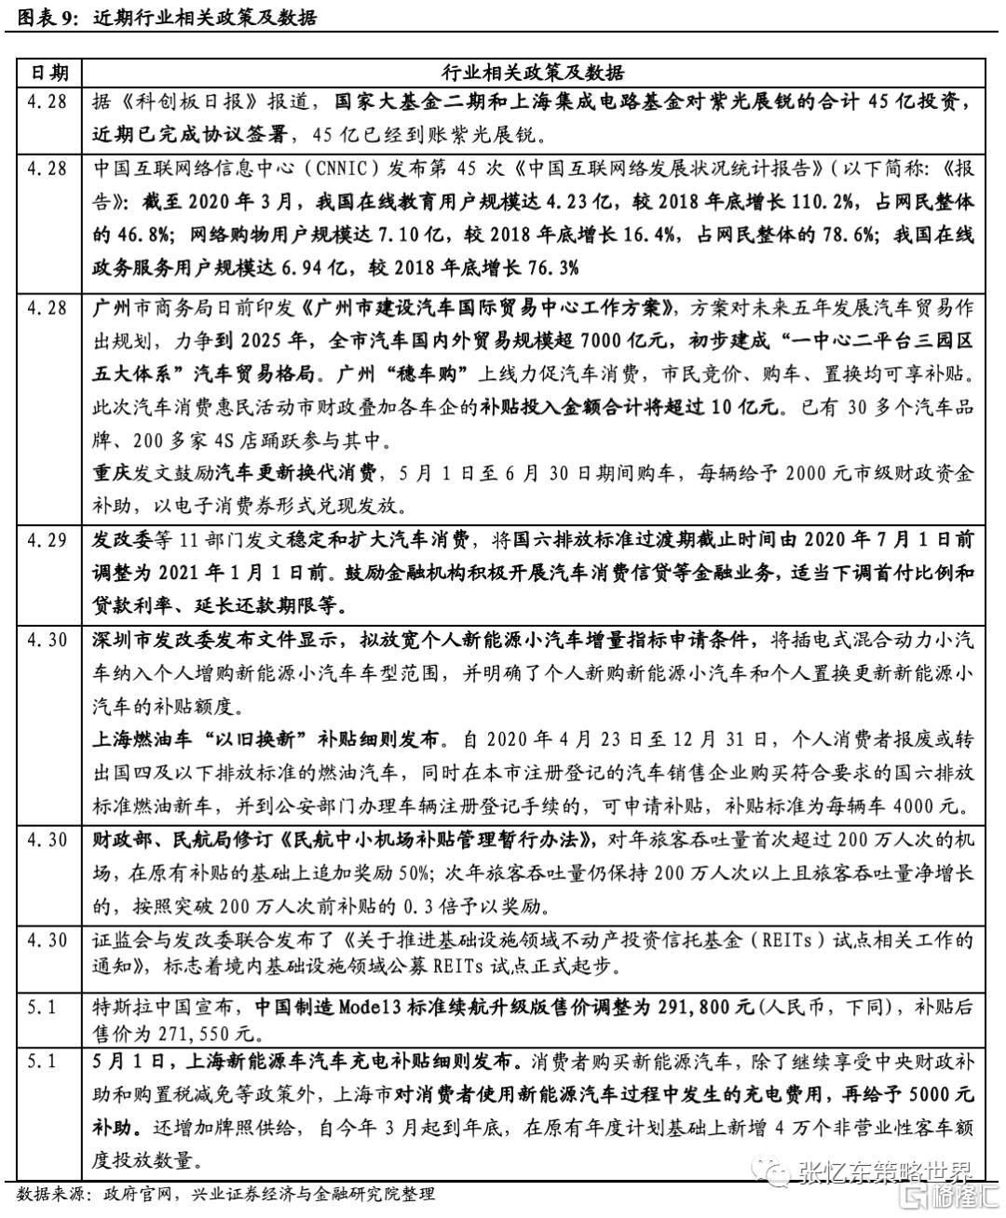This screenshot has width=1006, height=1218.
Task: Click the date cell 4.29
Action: pyautogui.click(x=48, y=541)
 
